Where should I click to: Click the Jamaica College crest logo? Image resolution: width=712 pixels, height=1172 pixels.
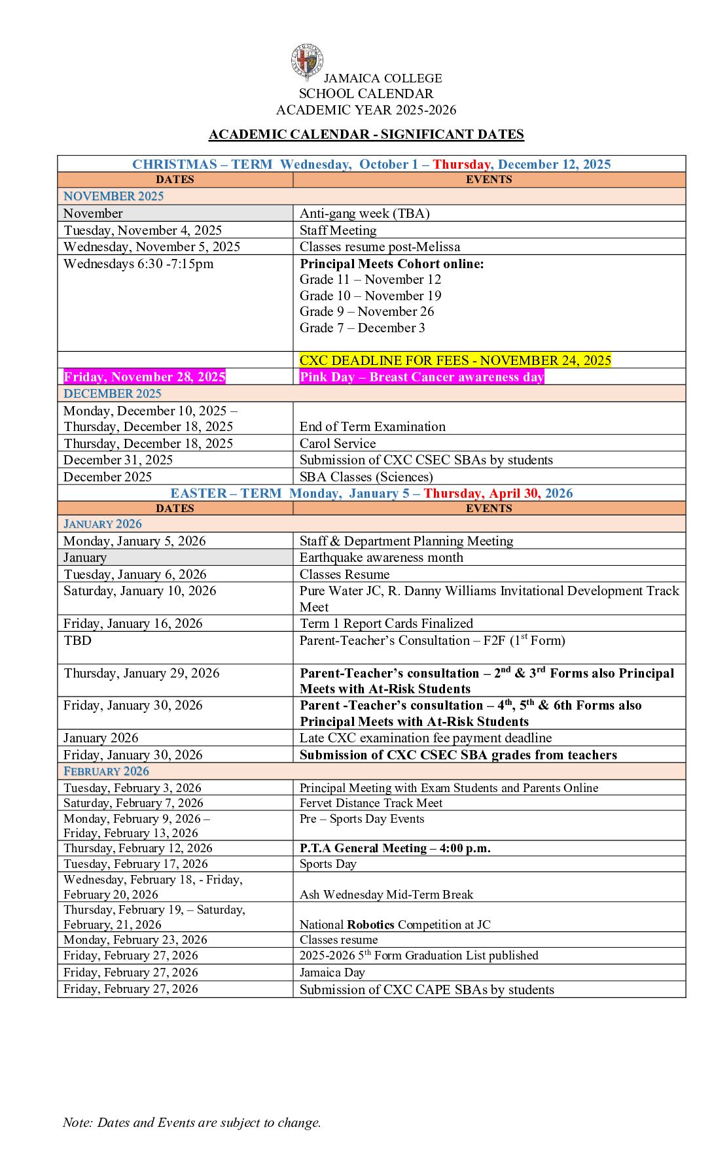coord(307,61)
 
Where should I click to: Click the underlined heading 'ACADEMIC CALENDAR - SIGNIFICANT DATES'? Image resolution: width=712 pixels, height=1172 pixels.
coord(366,135)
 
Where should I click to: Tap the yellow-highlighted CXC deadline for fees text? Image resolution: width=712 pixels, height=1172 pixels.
coord(455,360)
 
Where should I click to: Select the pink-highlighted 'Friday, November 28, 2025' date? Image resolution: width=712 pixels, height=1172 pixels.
coord(145,377)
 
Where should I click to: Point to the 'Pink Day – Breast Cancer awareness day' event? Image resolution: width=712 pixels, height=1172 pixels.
coord(421,377)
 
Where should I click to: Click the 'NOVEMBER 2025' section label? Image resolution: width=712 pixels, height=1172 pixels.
coord(113,196)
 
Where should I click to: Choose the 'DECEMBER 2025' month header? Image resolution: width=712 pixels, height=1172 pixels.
coord(112,394)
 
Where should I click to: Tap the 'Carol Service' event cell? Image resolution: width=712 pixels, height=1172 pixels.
coord(338,443)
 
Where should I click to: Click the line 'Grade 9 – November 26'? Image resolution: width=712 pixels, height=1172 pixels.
coord(366,311)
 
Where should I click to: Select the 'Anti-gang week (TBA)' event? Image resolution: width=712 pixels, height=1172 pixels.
coord(365,213)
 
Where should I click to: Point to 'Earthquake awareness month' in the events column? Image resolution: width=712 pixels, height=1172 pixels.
coord(381,557)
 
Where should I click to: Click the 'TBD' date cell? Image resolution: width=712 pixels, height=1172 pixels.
coord(78,640)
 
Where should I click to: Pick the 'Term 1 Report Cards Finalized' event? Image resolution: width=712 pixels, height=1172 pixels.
coord(386,623)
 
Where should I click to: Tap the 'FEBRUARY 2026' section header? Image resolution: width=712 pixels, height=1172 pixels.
coord(106,771)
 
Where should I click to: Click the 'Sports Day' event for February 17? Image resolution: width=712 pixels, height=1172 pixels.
coord(328,864)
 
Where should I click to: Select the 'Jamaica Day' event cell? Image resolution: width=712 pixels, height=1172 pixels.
coord(332,973)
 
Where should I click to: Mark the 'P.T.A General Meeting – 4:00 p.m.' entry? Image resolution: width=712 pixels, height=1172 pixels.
coord(395,848)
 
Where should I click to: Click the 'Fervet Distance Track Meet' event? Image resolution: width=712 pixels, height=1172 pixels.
coord(370,803)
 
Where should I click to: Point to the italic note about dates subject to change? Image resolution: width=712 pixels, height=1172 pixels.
coord(192,1122)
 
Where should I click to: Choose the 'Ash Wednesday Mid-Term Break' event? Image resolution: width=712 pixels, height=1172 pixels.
coord(386,894)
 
